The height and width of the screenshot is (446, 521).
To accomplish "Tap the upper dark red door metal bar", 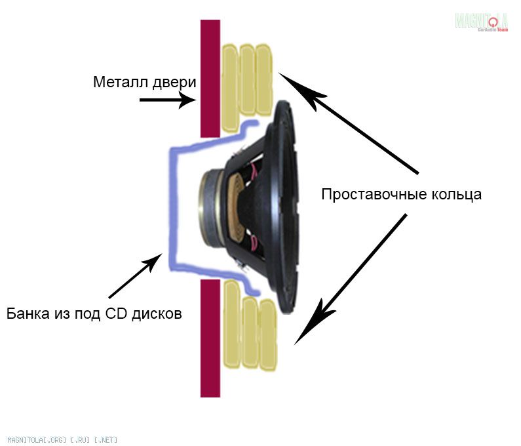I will [210, 79].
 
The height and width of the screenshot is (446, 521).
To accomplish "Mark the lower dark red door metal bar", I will [210, 338].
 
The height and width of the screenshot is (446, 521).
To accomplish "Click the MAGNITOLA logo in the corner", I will [482, 21].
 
